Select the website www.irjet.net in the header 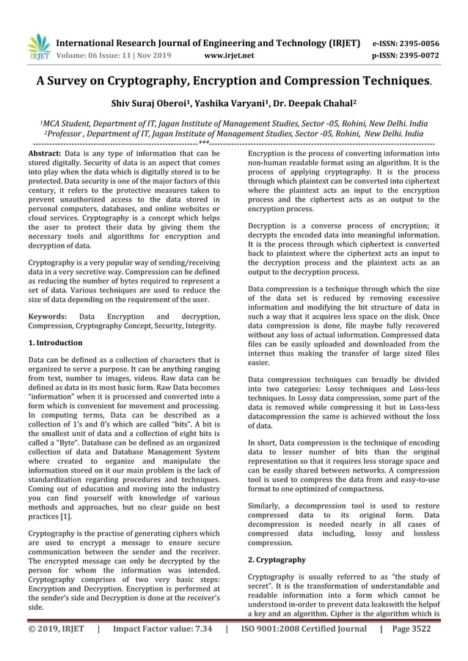(230, 54)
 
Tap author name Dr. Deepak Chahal (321, 105)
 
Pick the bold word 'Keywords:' (48, 315)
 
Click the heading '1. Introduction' (55, 342)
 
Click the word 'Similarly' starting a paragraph (268, 506)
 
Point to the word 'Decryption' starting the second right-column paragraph (271, 226)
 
